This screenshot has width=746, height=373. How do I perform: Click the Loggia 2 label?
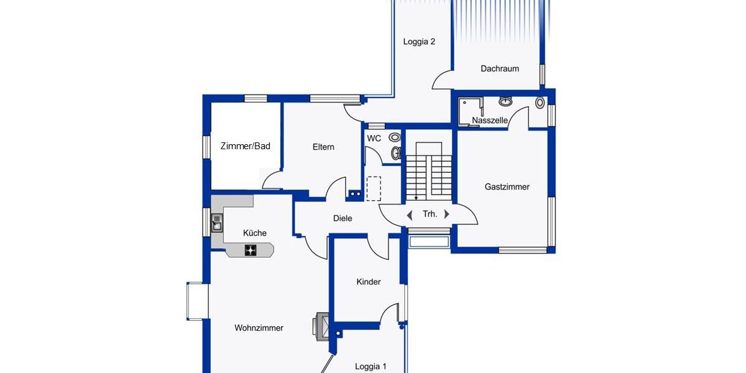click(x=419, y=42)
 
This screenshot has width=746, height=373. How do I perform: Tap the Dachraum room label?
click(x=500, y=69)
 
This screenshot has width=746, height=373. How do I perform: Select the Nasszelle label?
click(x=490, y=121)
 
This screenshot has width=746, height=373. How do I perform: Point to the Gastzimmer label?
click(x=507, y=186)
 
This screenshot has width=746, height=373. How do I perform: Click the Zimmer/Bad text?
click(x=246, y=147)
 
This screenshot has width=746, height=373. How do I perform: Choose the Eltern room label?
click(x=323, y=147)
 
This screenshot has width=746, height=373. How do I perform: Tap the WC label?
click(x=374, y=139)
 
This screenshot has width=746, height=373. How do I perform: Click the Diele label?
click(x=343, y=218)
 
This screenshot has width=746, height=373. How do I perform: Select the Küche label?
click(x=255, y=233)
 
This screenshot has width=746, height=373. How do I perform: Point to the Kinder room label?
click(x=369, y=282)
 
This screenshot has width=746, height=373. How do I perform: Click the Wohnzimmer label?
click(x=259, y=328)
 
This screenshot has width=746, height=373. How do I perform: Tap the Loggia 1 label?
click(x=371, y=367)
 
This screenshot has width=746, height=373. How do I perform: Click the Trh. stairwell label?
click(x=430, y=214)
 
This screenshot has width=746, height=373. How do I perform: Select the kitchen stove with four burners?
click(x=251, y=250)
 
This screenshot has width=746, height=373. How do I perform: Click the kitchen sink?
click(x=217, y=222)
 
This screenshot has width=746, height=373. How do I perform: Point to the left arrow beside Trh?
click(x=410, y=215)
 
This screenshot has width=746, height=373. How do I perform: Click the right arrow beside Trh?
click(x=446, y=214)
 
